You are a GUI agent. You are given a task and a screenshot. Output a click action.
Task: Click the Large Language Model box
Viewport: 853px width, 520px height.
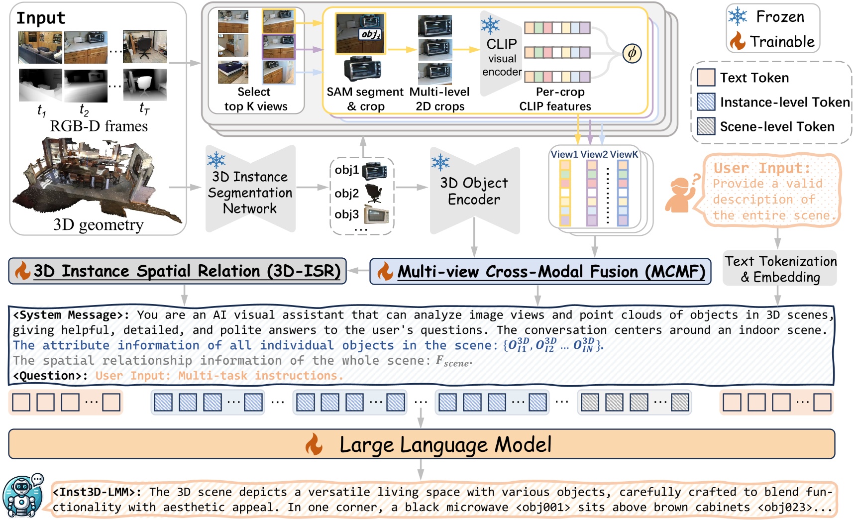pos(421,444)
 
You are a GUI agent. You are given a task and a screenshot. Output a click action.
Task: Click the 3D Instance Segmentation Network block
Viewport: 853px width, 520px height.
pos(250,192)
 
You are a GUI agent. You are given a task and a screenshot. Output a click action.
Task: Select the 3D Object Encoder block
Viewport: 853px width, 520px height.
pos(474,191)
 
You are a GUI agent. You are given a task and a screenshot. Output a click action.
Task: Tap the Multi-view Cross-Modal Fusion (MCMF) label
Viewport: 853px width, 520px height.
pos(551,272)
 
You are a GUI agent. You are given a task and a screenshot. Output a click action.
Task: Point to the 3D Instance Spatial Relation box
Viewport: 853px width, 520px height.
pos(187,271)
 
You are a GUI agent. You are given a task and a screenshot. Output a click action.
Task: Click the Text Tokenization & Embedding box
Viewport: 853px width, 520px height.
pos(780,269)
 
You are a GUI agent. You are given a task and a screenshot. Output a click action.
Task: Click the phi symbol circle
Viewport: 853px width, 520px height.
pos(632,53)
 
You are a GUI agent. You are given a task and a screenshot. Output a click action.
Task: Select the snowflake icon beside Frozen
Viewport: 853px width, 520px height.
pos(738,16)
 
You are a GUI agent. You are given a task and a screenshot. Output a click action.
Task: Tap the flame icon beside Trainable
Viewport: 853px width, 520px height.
pos(738,41)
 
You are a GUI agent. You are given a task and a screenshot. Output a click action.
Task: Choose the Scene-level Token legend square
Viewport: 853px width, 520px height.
pos(706,126)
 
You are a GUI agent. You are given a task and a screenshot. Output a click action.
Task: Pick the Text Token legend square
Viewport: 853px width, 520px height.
pos(706,78)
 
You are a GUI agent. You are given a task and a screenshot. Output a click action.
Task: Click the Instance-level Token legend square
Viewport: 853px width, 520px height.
pos(706,102)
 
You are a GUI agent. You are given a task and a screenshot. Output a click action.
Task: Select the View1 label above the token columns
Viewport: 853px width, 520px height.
pos(564,154)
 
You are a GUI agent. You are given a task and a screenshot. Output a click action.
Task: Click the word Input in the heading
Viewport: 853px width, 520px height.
pos(41,18)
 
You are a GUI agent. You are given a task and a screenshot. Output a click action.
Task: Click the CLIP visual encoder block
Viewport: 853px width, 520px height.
pos(501,57)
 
